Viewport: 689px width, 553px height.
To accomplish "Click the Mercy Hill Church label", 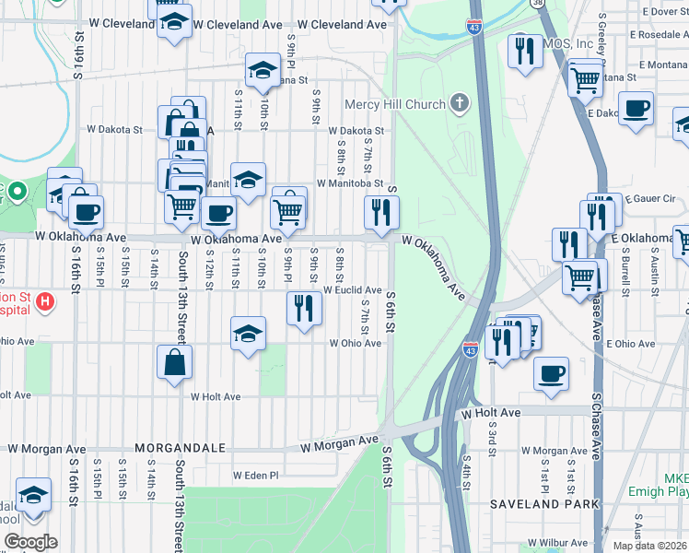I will [x=395, y=104].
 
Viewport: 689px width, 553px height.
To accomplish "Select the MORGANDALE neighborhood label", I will [x=181, y=448].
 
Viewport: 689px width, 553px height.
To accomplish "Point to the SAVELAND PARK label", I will [x=544, y=504].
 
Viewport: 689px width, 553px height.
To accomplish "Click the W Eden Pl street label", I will [x=255, y=476].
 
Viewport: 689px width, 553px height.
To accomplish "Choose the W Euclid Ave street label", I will [x=352, y=290].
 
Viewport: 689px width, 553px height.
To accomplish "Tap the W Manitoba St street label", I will [x=349, y=183].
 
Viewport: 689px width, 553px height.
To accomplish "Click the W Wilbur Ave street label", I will [x=557, y=545].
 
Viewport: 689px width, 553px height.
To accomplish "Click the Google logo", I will [x=29, y=542].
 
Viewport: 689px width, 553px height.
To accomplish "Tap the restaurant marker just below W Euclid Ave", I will [x=304, y=308].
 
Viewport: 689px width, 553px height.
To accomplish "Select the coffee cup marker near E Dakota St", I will [x=636, y=108].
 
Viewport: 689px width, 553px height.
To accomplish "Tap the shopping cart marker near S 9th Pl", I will [x=289, y=211].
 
